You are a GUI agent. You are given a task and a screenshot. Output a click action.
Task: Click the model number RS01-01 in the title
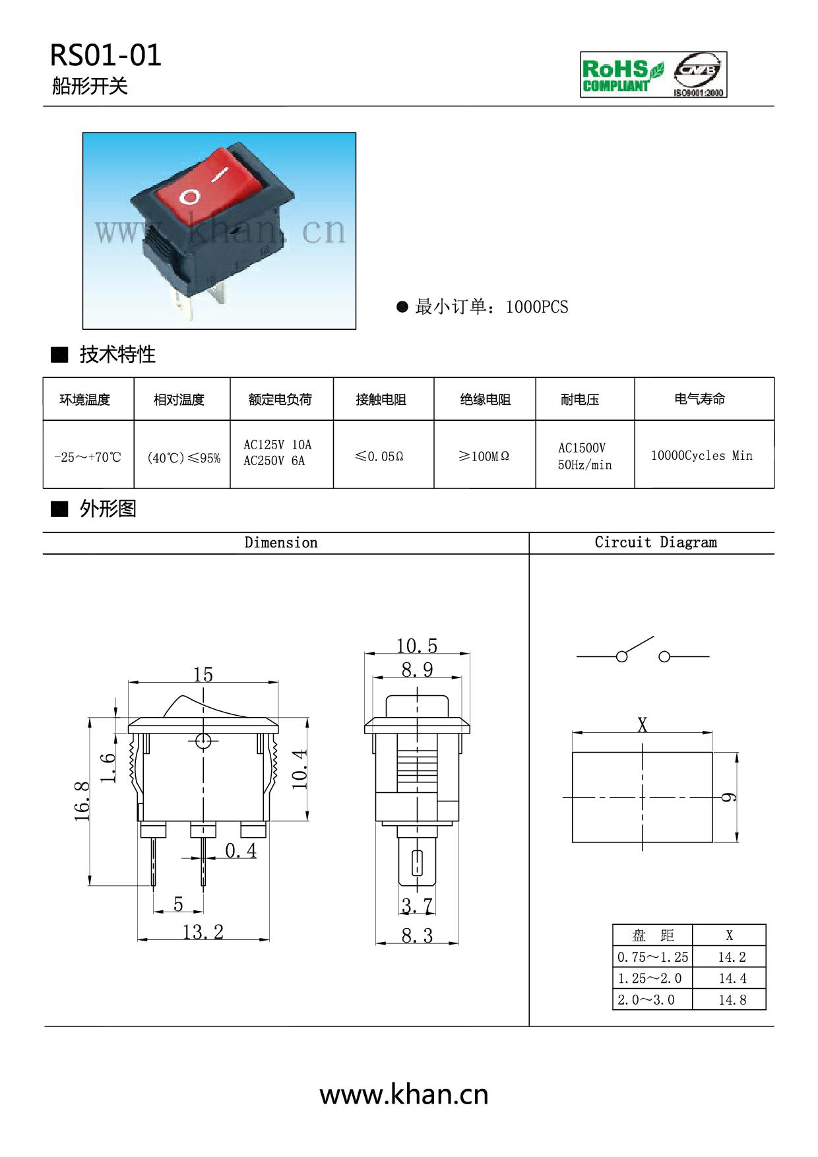pos(106,55)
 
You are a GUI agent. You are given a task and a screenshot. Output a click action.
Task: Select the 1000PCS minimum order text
pos(536,307)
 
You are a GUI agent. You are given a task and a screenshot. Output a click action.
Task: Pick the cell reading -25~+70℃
pos(88,456)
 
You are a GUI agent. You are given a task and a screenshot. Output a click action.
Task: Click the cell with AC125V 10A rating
pos(277,453)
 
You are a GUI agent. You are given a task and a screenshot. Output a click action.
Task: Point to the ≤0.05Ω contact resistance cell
pos(379,456)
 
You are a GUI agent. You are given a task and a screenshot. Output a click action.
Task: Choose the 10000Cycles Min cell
pos(701,455)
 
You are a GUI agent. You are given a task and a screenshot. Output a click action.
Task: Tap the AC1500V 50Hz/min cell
pos(584,456)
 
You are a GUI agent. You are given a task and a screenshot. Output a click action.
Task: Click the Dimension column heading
pos(281,542)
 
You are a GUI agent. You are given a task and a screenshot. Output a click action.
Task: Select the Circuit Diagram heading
pos(656,542)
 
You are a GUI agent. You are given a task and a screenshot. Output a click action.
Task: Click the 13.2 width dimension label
pos(203,931)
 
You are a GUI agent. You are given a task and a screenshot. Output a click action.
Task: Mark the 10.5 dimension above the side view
pos(417,645)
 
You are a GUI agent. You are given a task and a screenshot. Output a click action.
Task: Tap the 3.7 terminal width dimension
pos(417,906)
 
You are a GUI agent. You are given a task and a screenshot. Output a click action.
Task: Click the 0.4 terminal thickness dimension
pos(241,851)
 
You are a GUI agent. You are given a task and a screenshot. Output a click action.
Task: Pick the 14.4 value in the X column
pos(732,978)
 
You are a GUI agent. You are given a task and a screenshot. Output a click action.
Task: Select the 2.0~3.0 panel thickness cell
pos(646,999)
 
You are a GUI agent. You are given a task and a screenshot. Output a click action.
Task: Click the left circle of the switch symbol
pos(621,656)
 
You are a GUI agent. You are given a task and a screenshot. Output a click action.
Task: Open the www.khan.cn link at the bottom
pos(404,1094)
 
